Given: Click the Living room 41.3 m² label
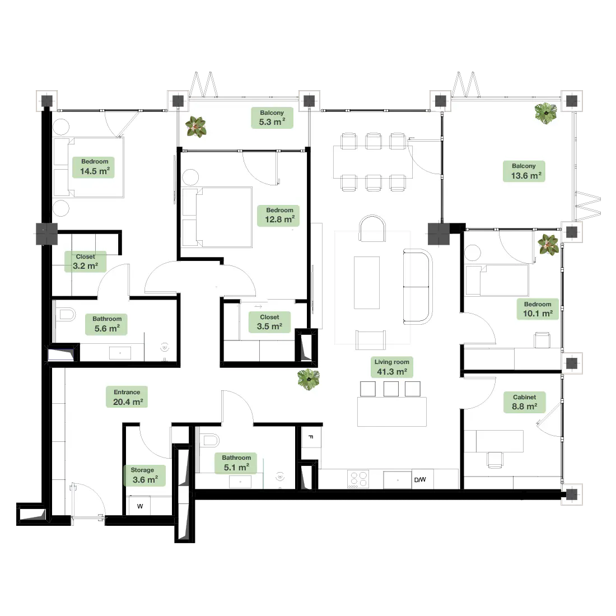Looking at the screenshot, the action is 391,367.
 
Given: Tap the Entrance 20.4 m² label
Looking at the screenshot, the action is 127,397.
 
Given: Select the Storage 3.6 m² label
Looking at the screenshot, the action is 144,475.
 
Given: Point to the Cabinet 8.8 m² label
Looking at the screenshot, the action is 525,402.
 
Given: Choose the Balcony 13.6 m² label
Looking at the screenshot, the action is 524,171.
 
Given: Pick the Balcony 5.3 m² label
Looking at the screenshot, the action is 272,118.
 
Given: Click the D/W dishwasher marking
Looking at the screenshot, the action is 420,480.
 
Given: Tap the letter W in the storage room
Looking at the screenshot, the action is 140,506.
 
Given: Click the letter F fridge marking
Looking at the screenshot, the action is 311,437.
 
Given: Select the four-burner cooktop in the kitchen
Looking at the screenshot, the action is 358,479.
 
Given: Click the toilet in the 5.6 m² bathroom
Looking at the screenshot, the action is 66,315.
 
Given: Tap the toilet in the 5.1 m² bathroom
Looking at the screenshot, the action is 209,440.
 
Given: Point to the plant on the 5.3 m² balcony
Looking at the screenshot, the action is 196,127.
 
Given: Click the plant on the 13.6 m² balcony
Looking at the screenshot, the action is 545,113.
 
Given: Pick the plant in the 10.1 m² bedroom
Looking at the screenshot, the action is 548,244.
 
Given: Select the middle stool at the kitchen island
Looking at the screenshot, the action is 391,389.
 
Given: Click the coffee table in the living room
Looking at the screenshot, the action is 367,283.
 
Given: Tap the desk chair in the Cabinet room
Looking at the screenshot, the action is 495,460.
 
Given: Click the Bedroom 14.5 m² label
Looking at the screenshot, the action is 94,167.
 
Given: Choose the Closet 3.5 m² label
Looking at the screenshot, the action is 269,322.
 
